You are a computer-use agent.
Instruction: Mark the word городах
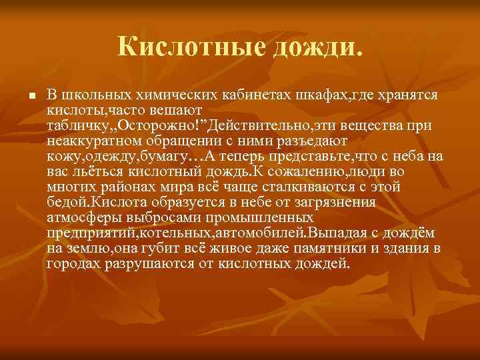(71, 264)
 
